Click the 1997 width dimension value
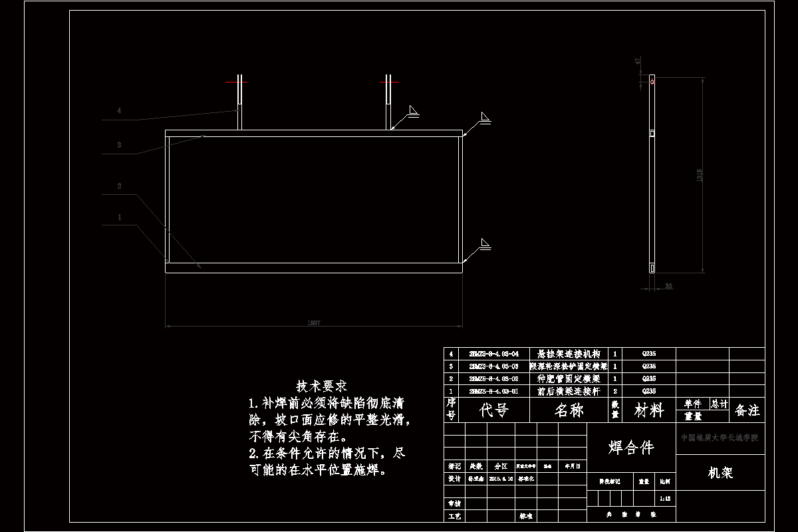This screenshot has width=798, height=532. [x=315, y=323]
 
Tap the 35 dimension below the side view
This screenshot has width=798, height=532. [x=668, y=286]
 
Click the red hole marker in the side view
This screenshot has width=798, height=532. [x=652, y=82]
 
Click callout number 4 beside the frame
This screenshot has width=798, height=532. [x=119, y=110]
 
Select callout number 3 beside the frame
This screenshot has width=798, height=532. [x=119, y=144]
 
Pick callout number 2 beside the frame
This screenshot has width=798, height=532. [x=119, y=186]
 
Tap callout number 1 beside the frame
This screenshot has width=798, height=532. [x=119, y=217]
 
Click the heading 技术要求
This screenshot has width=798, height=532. [x=322, y=386]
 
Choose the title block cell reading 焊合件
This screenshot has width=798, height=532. [x=631, y=448]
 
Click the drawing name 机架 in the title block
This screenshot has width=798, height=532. [x=720, y=473]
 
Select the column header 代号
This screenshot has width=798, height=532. [x=494, y=410]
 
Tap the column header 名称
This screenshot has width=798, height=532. [x=569, y=410]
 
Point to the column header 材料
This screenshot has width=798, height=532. [x=648, y=410]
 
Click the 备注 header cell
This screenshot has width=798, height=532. [x=747, y=410]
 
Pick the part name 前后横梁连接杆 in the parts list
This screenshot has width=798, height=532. [x=569, y=392]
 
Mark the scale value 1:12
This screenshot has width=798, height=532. [x=663, y=498]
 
